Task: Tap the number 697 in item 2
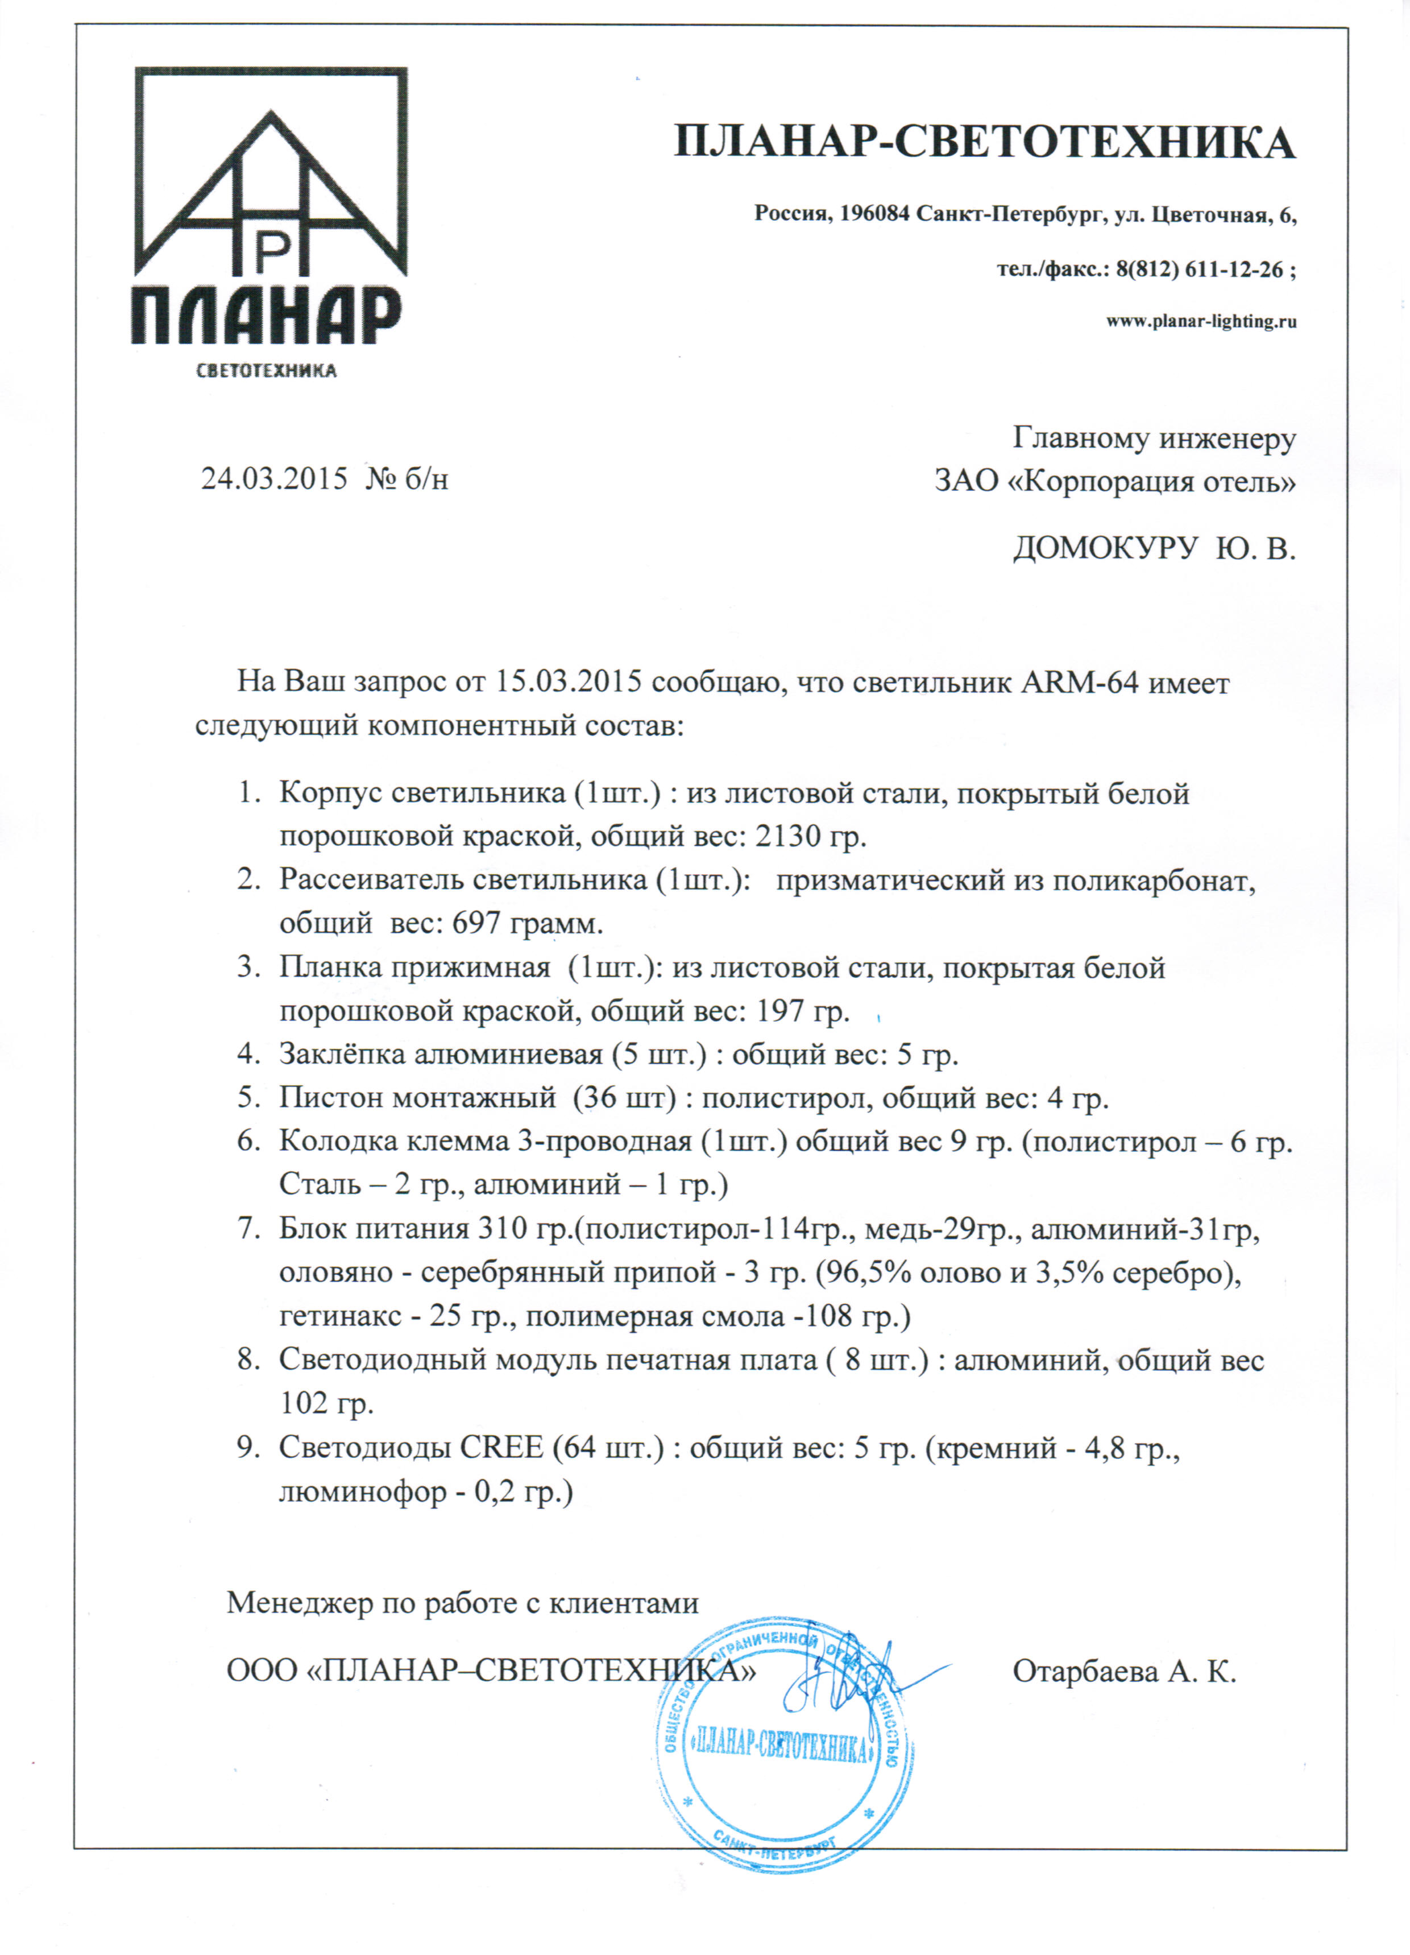[x=476, y=923]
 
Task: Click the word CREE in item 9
[x=501, y=1447]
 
